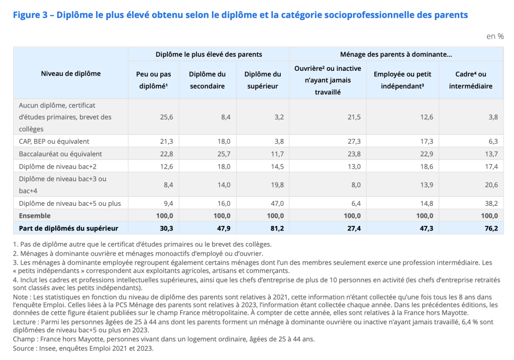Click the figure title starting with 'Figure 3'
pyautogui.click(x=240, y=15)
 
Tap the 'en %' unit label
pyautogui.click(x=494, y=36)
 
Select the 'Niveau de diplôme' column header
pyautogui.click(x=71, y=74)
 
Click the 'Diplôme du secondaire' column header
pyautogui.click(x=207, y=80)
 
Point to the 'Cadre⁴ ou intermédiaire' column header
pyautogui.click(x=470, y=80)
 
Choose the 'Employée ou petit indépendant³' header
pyautogui.click(x=402, y=80)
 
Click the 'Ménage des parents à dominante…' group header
pyautogui.click(x=395, y=54)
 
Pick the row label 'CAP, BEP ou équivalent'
pyautogui.click(x=54, y=141)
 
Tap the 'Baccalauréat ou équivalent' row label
pyautogui.click(x=60, y=154)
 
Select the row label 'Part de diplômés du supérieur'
pyautogui.click(x=68, y=228)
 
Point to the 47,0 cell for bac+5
pyautogui.click(x=277, y=203)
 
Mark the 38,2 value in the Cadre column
pyautogui.click(x=490, y=203)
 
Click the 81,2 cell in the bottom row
pyautogui.click(x=277, y=228)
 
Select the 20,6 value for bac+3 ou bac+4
pyautogui.click(x=490, y=185)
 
